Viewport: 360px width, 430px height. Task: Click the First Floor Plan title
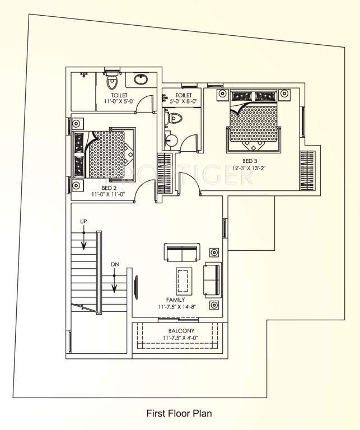pos(179,414)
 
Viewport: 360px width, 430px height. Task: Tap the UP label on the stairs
pos(83,222)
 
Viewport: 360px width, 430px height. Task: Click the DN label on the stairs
pos(114,263)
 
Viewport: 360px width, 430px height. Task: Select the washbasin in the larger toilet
pos(141,79)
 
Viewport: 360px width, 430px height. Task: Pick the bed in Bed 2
pos(104,153)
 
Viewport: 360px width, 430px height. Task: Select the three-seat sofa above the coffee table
pos(182,253)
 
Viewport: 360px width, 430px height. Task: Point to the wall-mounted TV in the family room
pos(135,288)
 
